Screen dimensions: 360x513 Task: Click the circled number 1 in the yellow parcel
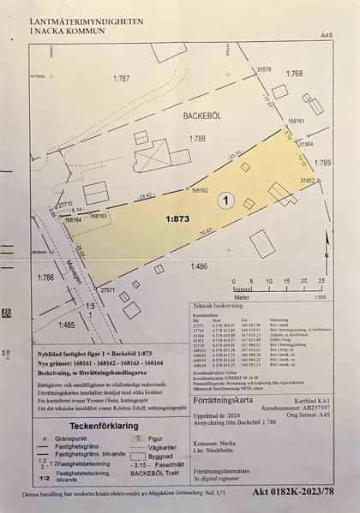point(226,200)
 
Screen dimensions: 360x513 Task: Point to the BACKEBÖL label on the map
point(195,113)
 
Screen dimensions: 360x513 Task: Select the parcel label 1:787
point(122,78)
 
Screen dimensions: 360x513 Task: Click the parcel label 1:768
point(294,75)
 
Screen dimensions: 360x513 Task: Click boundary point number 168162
point(200,190)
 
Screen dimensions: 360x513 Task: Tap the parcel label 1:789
point(322,162)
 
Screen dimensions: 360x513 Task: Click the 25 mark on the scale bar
point(321,280)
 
